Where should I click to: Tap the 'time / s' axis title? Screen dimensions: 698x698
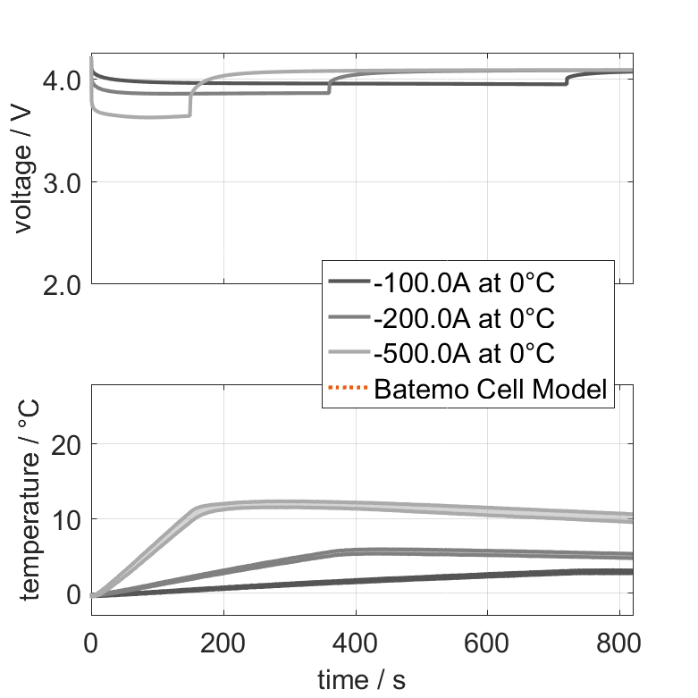coord(361,680)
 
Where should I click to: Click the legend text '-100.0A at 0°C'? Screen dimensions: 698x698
coord(465,283)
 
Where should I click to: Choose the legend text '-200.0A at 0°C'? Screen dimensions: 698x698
coord(465,318)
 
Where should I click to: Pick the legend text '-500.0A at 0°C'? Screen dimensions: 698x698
coord(465,354)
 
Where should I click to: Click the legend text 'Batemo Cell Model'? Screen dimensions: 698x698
coord(491,390)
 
